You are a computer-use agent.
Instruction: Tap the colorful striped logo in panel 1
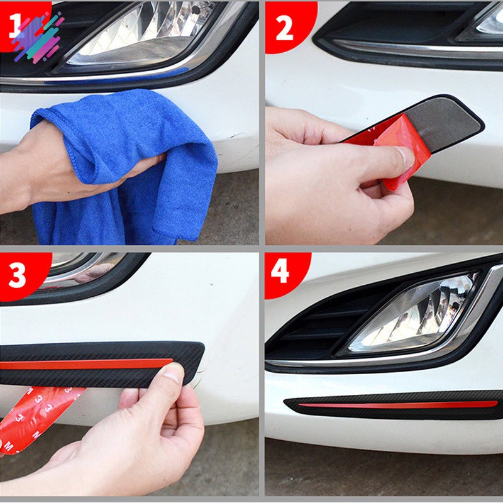click(38, 36)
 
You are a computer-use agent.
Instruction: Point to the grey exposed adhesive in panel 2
click(440, 123)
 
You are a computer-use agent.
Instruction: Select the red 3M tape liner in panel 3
click(31, 415)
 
